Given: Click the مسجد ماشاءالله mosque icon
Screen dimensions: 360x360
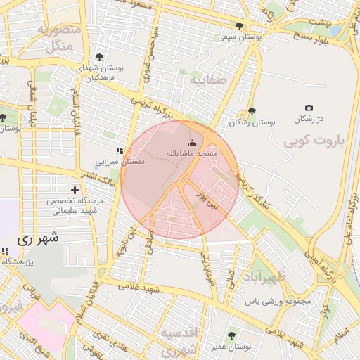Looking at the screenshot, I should (193, 143).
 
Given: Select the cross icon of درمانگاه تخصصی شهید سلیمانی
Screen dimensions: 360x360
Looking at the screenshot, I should (75, 190).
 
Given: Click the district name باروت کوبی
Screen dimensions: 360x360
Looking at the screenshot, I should (316, 142).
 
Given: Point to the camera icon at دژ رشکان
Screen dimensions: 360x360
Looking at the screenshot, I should (309, 108).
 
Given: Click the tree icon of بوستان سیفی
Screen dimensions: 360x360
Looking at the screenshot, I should (239, 26).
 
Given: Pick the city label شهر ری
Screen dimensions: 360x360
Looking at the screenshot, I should (35, 239).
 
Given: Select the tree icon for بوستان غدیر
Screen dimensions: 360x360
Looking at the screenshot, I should (232, 335).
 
